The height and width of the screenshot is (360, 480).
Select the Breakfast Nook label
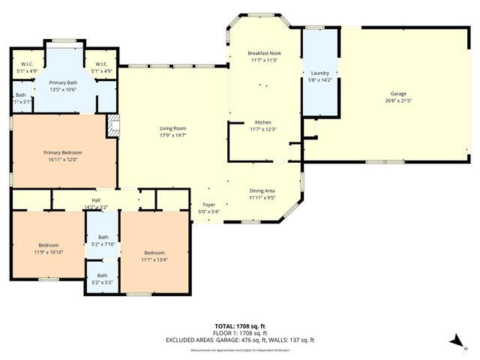(x=263, y=54)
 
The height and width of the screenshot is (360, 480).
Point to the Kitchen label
(x=262, y=122)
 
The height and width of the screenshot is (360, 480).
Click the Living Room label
(x=172, y=128)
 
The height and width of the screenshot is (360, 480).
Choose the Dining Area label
(x=262, y=191)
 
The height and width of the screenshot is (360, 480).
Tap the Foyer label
(x=209, y=204)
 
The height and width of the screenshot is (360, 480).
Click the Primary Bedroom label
(x=62, y=152)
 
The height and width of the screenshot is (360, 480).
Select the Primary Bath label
(x=63, y=82)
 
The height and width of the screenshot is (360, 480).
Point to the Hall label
(x=96, y=200)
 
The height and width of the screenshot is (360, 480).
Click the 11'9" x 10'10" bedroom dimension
(x=49, y=251)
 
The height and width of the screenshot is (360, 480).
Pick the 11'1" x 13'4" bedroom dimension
(x=154, y=259)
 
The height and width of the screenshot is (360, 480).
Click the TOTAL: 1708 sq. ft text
(x=240, y=326)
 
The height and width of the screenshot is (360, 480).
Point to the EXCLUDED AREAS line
(x=240, y=340)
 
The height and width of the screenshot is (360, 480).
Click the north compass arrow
(x=454, y=341)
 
